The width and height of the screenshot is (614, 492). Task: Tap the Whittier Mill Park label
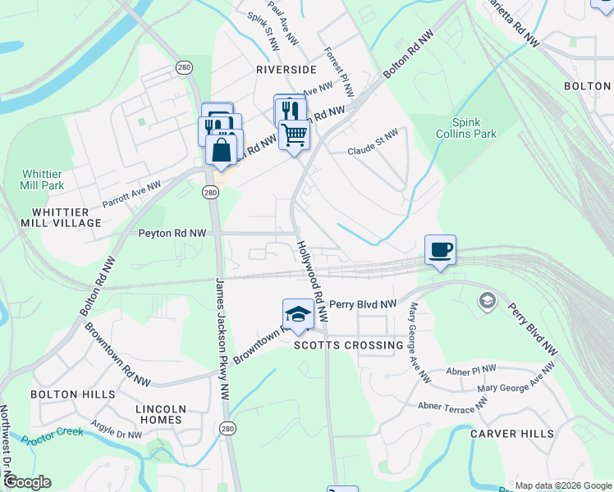(x=43, y=180)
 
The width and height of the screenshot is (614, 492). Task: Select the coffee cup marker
(x=440, y=249)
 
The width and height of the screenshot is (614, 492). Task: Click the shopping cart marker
(x=294, y=133)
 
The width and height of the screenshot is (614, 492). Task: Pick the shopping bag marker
(x=221, y=150)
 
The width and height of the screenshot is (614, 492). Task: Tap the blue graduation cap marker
(x=298, y=314)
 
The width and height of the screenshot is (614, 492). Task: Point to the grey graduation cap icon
(x=488, y=301)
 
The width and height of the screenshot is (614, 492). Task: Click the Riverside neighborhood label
(x=286, y=70)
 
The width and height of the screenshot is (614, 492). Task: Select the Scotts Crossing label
(x=349, y=345)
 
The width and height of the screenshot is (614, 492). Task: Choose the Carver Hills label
(x=506, y=434)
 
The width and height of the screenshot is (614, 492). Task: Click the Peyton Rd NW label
(x=172, y=234)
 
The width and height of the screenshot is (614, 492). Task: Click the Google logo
(x=26, y=482)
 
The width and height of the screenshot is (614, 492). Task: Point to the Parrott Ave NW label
(x=134, y=194)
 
